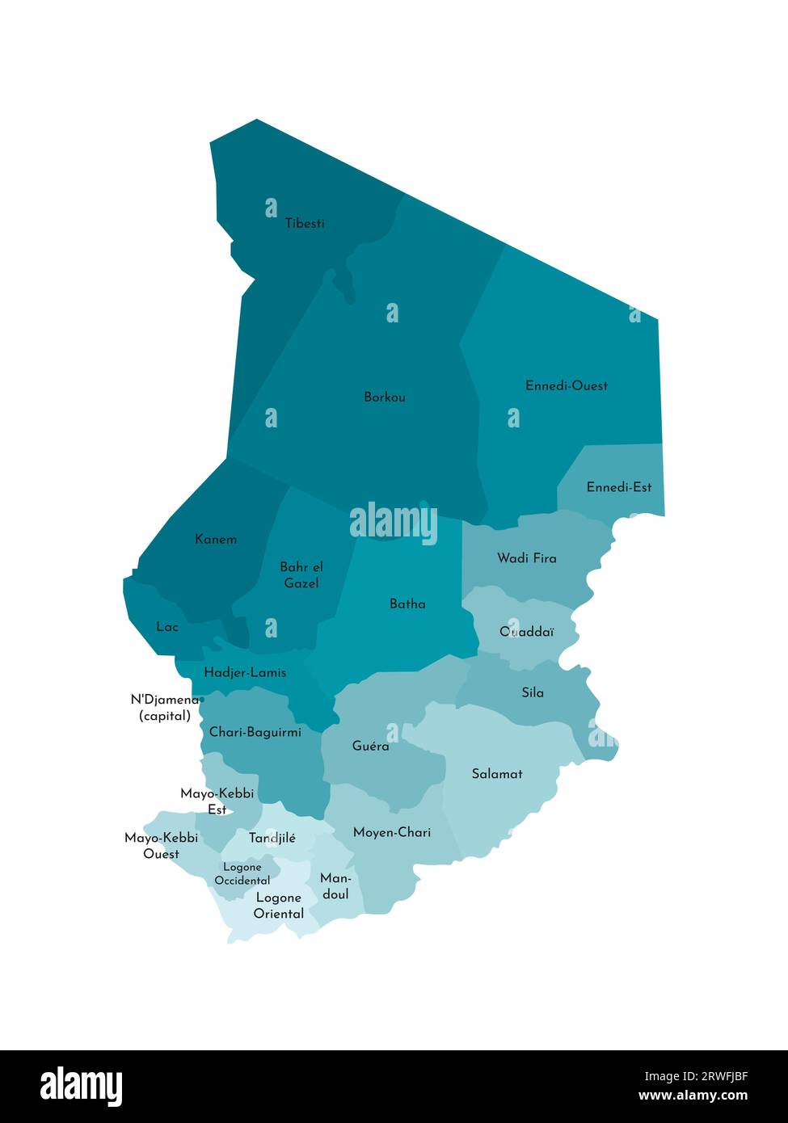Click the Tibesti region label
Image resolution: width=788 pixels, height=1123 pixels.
305,224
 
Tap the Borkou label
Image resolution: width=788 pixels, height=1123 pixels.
385,397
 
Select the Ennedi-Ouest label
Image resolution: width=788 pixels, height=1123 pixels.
566,385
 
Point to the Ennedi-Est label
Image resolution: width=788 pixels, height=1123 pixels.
619,487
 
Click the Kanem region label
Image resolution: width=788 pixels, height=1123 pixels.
216,539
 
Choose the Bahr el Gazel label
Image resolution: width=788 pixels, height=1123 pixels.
301,575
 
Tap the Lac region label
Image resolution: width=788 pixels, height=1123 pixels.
167,626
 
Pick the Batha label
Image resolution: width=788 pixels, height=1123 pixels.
407,604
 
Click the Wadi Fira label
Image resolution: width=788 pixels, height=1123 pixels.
526,558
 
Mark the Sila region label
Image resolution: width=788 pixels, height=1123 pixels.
533,692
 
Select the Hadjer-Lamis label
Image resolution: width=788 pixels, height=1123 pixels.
245,672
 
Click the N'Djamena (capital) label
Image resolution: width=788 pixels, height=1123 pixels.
165,708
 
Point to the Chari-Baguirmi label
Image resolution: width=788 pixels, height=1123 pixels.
255,732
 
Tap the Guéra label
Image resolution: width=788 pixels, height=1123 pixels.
370,746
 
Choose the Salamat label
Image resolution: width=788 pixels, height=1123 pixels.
497,774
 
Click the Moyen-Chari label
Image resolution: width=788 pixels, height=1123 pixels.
392,832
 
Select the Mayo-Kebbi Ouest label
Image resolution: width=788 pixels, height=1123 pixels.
161,846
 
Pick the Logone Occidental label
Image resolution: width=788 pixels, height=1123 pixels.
242,874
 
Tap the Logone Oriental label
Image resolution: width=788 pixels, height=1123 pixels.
279,906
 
